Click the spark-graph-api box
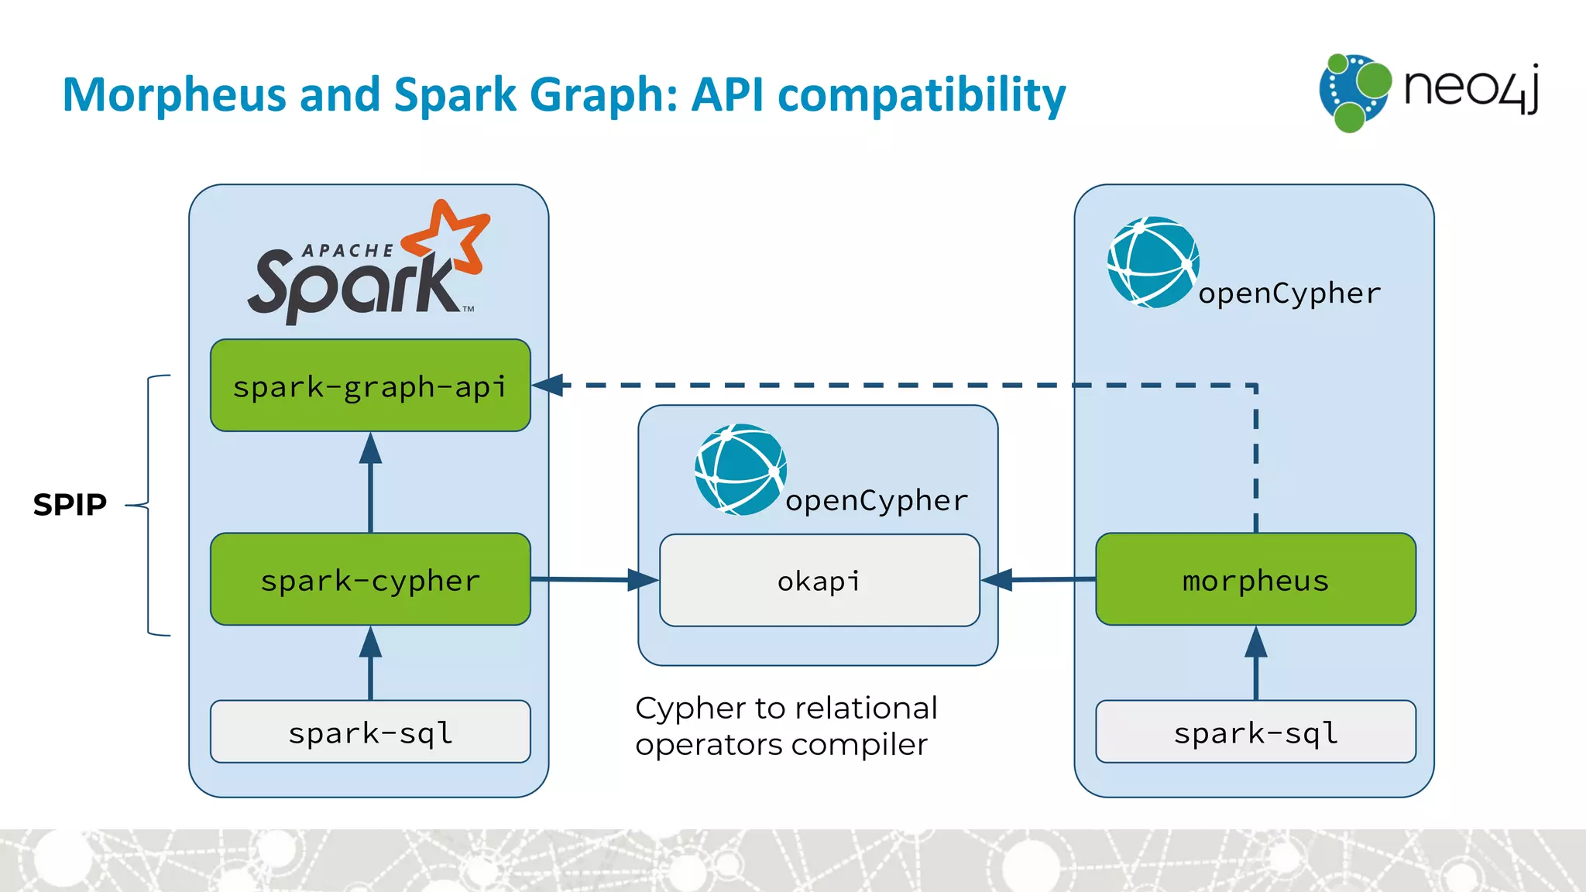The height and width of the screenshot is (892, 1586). pos(370,386)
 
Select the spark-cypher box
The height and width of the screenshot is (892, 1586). pos(370,579)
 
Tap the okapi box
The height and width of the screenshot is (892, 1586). pos(819,580)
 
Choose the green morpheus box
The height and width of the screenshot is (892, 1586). pos(1255,579)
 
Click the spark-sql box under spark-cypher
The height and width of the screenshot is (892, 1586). pos(370,732)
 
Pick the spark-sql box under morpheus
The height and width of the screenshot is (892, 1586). pos(1255,732)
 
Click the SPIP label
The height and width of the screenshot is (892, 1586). pos(70,505)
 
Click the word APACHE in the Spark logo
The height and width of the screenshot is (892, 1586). pos(348,251)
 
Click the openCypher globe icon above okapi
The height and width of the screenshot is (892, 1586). pos(740,469)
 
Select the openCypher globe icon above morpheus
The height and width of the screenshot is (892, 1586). pos(1153,262)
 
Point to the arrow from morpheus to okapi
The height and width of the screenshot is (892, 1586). pos(1038,579)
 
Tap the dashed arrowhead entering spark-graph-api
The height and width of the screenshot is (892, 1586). pos(548,385)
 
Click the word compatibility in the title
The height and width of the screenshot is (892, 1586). pos(921,96)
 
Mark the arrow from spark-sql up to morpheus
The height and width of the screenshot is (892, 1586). pos(1255,662)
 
